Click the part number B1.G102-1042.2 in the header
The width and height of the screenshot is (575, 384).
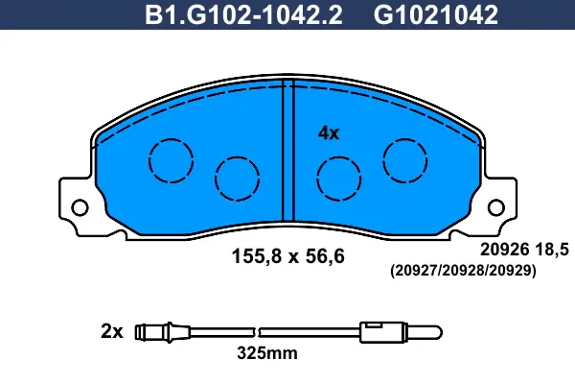[243, 15]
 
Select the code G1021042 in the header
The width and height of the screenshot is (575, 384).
[436, 15]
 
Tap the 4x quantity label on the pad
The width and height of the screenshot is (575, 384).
[329, 133]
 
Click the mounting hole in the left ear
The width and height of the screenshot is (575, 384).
[80, 207]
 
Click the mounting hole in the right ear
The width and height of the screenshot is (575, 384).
[496, 207]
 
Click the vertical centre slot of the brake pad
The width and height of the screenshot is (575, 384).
[288, 151]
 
